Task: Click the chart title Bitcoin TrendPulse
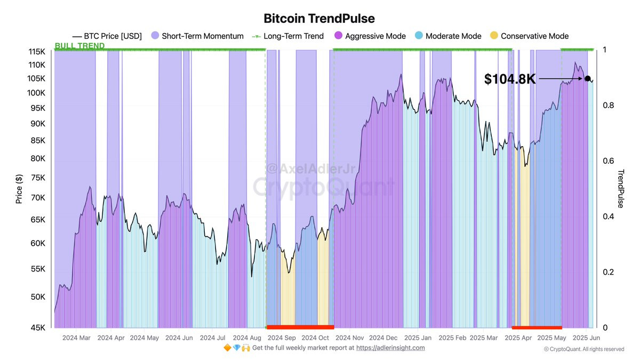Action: point(319,19)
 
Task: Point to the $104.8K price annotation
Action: point(509,79)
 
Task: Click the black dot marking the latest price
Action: point(587,79)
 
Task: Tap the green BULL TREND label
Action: point(80,46)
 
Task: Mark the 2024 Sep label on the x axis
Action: point(282,338)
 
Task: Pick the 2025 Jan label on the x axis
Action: point(418,338)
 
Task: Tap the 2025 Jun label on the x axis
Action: point(586,338)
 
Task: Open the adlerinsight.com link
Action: point(390,348)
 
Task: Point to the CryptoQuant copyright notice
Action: point(583,349)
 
